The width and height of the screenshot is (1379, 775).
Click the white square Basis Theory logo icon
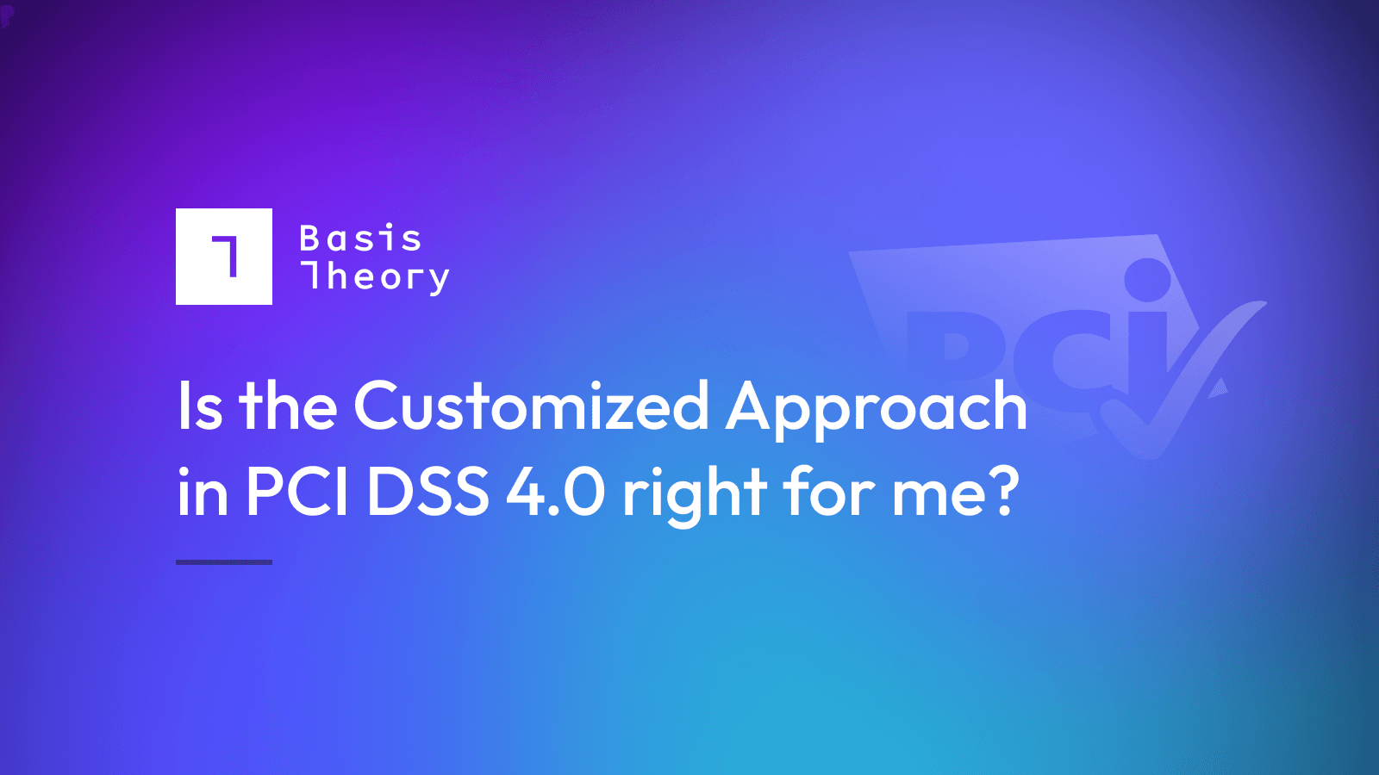pyautogui.click(x=224, y=257)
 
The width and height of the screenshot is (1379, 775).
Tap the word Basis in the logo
pyautogui.click(x=360, y=239)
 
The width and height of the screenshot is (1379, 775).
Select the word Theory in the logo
pyautogui.click(x=375, y=277)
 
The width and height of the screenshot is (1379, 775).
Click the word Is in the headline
pyautogui.click(x=200, y=406)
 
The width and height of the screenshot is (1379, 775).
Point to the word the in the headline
pyautogui.click(x=288, y=406)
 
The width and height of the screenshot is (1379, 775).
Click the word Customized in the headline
pyautogui.click(x=531, y=406)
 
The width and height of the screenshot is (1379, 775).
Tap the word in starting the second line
pyautogui.click(x=203, y=493)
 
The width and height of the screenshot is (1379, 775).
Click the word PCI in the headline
pyautogui.click(x=297, y=493)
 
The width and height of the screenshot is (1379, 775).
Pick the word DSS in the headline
pyautogui.click(x=427, y=493)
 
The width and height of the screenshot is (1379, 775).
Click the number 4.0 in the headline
pyautogui.click(x=556, y=493)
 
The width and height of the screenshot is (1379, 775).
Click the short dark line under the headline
pyautogui.click(x=224, y=562)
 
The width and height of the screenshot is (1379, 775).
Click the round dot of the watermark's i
pyautogui.click(x=1148, y=280)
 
